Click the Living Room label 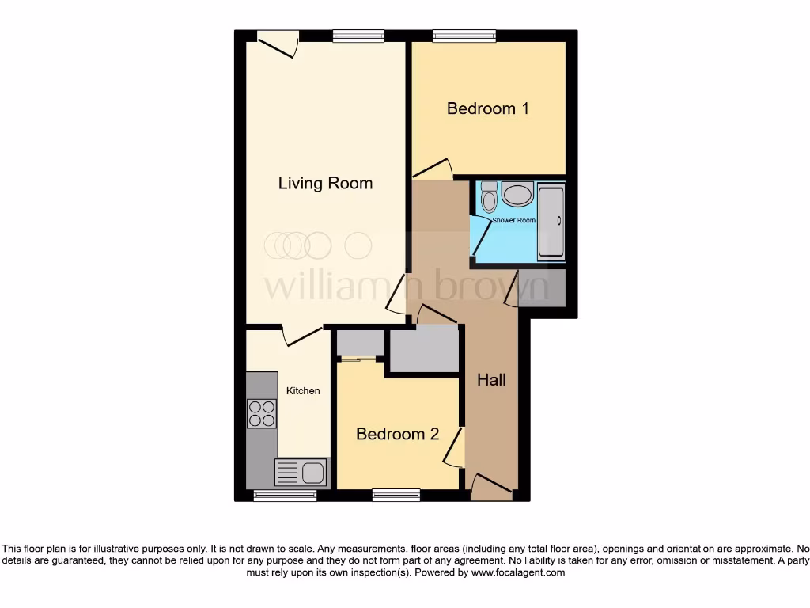(x=325, y=183)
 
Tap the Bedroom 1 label (x=487, y=108)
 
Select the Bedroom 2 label (x=397, y=434)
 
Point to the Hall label (x=491, y=380)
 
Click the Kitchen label (x=303, y=391)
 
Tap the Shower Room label (x=513, y=220)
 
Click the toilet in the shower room (x=488, y=196)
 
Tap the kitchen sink (x=301, y=473)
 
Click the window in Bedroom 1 (x=464, y=36)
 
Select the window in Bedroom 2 (x=396, y=495)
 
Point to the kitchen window (x=285, y=495)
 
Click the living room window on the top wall (x=358, y=36)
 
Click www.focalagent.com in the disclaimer (x=517, y=572)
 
